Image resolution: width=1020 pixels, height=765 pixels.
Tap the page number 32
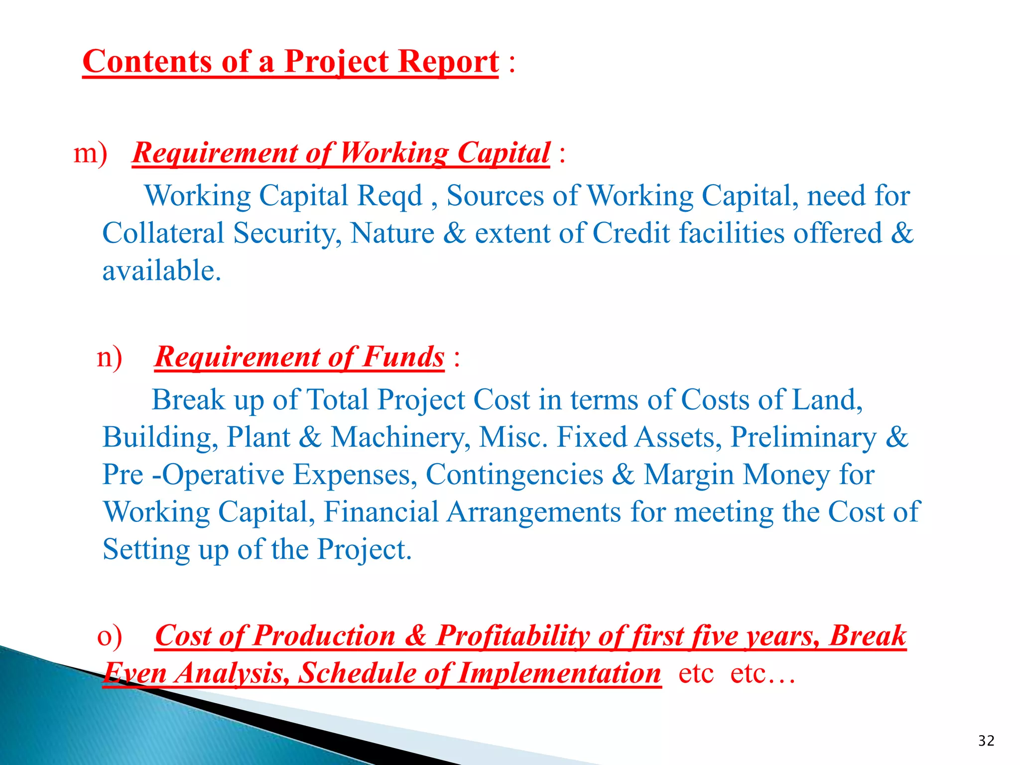pos(986,741)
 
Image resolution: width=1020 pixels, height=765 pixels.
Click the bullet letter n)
pos(109,357)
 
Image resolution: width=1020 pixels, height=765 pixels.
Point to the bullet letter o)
pos(109,636)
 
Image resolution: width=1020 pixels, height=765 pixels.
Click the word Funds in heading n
pos(403,357)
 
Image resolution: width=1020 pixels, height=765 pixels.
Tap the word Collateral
pos(163,233)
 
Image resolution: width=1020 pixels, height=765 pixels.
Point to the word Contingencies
pos(514,474)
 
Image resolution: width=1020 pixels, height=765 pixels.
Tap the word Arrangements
pos(533,511)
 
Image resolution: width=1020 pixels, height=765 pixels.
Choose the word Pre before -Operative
pos(123,474)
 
